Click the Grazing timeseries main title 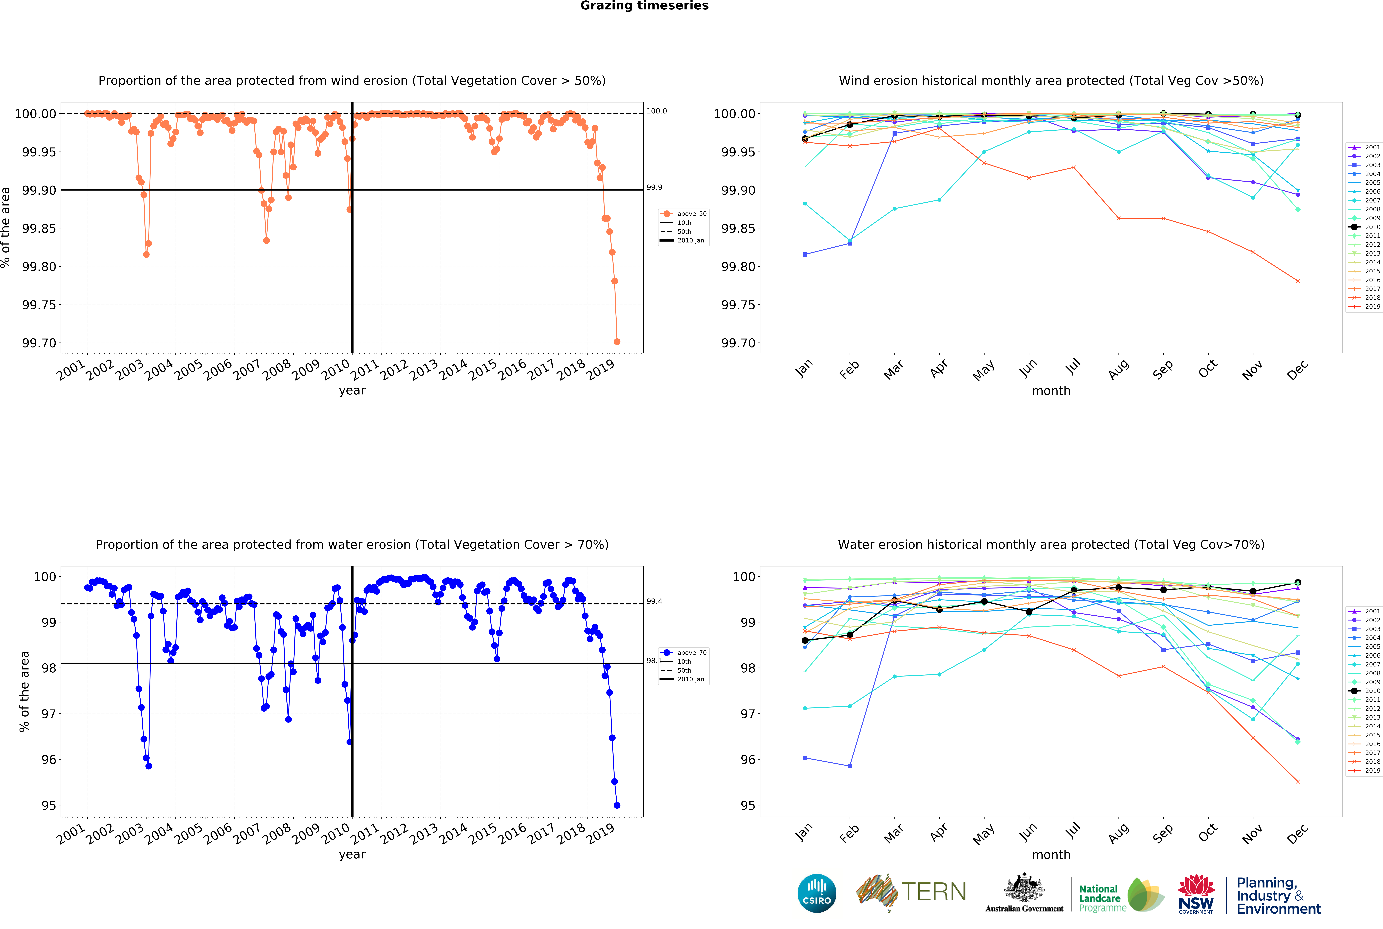tap(644, 6)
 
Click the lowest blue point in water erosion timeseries tap(617, 805)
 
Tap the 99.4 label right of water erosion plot tap(654, 601)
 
